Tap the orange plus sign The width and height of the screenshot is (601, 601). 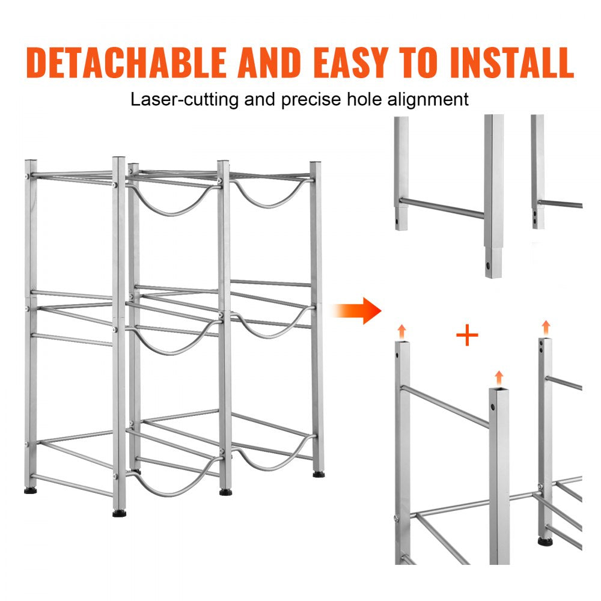click(467, 336)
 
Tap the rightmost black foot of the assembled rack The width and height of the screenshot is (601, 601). click(317, 474)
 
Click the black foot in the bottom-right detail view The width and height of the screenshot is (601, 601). click(546, 542)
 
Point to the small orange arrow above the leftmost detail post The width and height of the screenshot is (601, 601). click(401, 330)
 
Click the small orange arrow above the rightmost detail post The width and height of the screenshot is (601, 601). click(546, 328)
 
